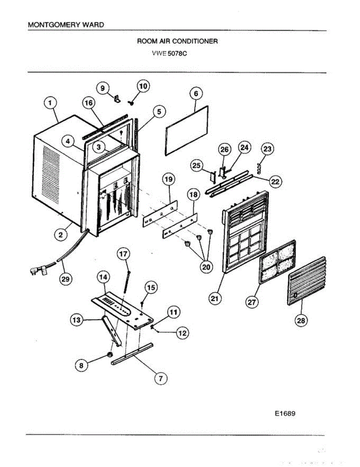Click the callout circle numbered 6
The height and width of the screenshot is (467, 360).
click(x=196, y=94)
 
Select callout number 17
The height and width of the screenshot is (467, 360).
click(x=123, y=254)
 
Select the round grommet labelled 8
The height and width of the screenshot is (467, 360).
click(x=110, y=355)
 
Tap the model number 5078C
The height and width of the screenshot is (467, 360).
click(x=177, y=54)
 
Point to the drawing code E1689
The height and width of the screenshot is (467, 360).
click(x=285, y=414)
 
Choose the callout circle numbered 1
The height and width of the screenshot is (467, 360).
click(x=50, y=103)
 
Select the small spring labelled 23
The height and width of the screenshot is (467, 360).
click(x=260, y=169)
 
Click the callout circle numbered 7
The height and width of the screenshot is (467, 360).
click(x=160, y=377)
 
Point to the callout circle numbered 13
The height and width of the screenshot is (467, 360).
click(x=76, y=320)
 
